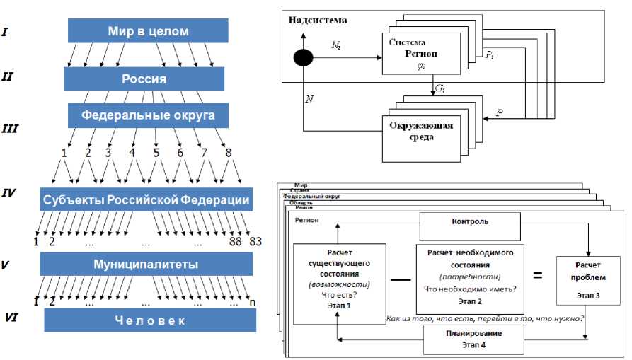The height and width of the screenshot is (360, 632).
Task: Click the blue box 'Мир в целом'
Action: [x=148, y=30]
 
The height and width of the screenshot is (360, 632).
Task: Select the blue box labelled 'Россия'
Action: [x=144, y=79]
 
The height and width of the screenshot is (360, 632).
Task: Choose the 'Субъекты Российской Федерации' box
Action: [x=145, y=200]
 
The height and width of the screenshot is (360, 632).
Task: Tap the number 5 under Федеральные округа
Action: [x=156, y=151]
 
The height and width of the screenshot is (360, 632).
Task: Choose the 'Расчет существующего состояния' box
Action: [x=340, y=278]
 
